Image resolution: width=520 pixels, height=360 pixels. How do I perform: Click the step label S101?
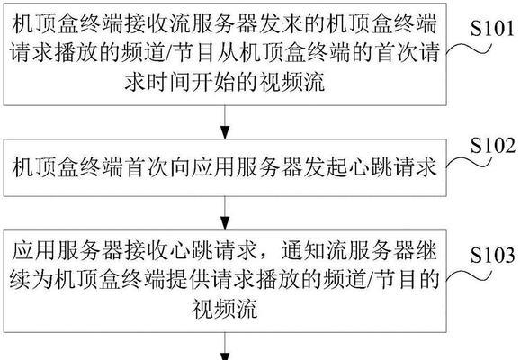[x=492, y=28]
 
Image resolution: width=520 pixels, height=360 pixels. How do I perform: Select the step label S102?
[x=493, y=145]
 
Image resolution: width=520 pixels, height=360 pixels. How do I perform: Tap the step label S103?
[x=493, y=255]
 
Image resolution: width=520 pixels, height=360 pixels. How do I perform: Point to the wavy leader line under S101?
[x=469, y=49]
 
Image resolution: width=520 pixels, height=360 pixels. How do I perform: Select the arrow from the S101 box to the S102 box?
[x=225, y=122]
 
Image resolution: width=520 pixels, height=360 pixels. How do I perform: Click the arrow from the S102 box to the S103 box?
[x=225, y=213]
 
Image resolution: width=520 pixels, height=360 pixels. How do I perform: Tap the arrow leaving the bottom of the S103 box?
[x=225, y=346]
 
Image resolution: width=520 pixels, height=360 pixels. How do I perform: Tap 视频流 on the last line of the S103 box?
[x=225, y=309]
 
